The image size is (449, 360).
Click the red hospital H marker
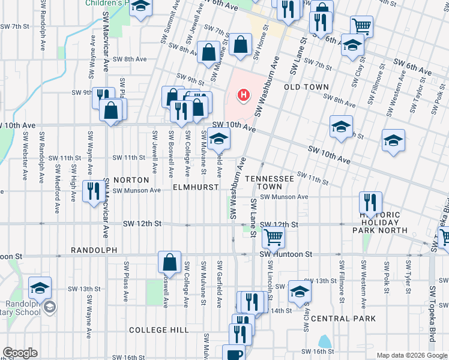pyautogui.click(x=243, y=95)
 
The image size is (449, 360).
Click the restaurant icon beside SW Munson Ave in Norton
pyautogui.click(x=93, y=191)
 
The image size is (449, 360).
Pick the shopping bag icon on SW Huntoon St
pyautogui.click(x=169, y=262)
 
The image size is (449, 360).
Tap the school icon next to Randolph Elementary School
pyautogui.click(x=40, y=287)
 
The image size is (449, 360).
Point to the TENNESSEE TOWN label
pyautogui.click(x=270, y=183)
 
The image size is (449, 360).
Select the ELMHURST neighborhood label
pyautogui.click(x=195, y=187)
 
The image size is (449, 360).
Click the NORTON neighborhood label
pyautogui.click(x=131, y=180)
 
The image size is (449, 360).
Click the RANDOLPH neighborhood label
pyautogui.click(x=92, y=250)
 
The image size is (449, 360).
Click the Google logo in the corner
pyautogui.click(x=20, y=353)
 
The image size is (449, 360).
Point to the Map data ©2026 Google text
pyautogui.click(x=412, y=355)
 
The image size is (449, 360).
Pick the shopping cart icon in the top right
pyautogui.click(x=361, y=26)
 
